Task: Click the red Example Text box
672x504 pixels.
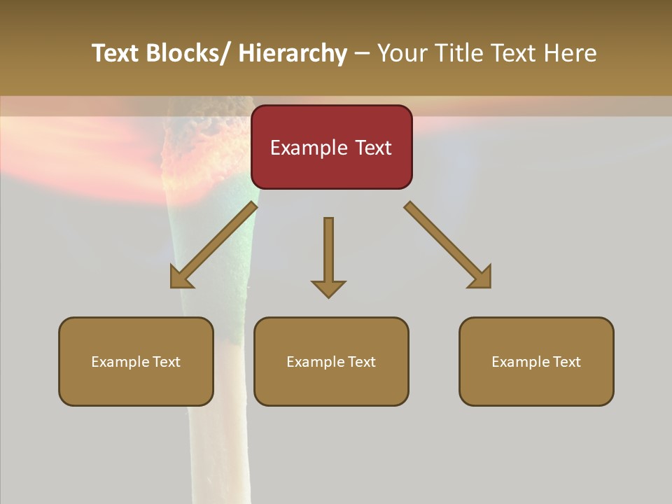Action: [x=331, y=147]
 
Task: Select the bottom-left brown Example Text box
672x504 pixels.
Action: [x=136, y=361]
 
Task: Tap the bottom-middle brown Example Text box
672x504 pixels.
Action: [x=331, y=361]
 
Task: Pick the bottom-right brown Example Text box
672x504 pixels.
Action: [x=536, y=361]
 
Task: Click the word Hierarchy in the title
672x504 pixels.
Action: [x=292, y=53]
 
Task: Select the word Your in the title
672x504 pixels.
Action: [x=402, y=53]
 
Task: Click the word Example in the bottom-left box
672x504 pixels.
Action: [x=120, y=362]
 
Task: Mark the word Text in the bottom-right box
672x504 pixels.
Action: [x=566, y=362]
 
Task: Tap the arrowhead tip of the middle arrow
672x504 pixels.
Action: [x=328, y=295]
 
